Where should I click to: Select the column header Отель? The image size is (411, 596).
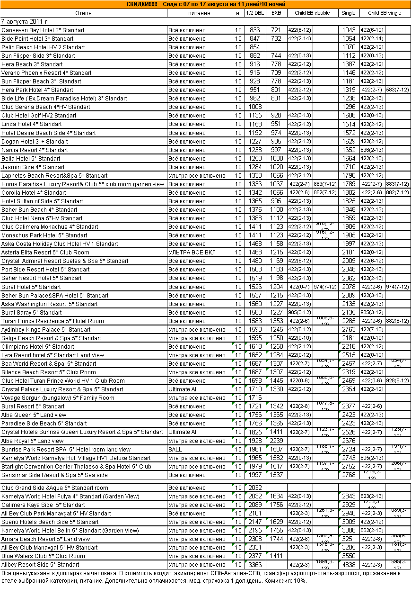click(x=83, y=13)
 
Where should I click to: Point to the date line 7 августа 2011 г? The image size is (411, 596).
click(x=25, y=21)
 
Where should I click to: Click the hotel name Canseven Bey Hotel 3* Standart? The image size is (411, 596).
click(x=43, y=30)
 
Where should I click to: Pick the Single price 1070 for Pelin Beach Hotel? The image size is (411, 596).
click(x=349, y=47)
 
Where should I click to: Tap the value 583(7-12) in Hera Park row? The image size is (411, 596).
click(x=397, y=90)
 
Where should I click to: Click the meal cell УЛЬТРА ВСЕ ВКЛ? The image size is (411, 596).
click(x=192, y=253)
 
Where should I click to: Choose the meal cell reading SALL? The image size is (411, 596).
click(x=175, y=450)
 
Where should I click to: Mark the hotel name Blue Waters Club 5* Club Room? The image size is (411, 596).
click(x=44, y=556)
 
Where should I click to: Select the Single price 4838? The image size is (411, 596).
click(x=349, y=565)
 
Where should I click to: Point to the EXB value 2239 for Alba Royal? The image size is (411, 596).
click(x=276, y=441)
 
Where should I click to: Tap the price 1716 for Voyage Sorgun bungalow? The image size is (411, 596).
click(x=255, y=398)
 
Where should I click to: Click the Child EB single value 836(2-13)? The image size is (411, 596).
click(x=372, y=150)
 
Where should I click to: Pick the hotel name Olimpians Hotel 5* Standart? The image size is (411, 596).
click(x=38, y=347)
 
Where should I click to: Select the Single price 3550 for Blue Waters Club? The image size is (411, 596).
click(x=349, y=556)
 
